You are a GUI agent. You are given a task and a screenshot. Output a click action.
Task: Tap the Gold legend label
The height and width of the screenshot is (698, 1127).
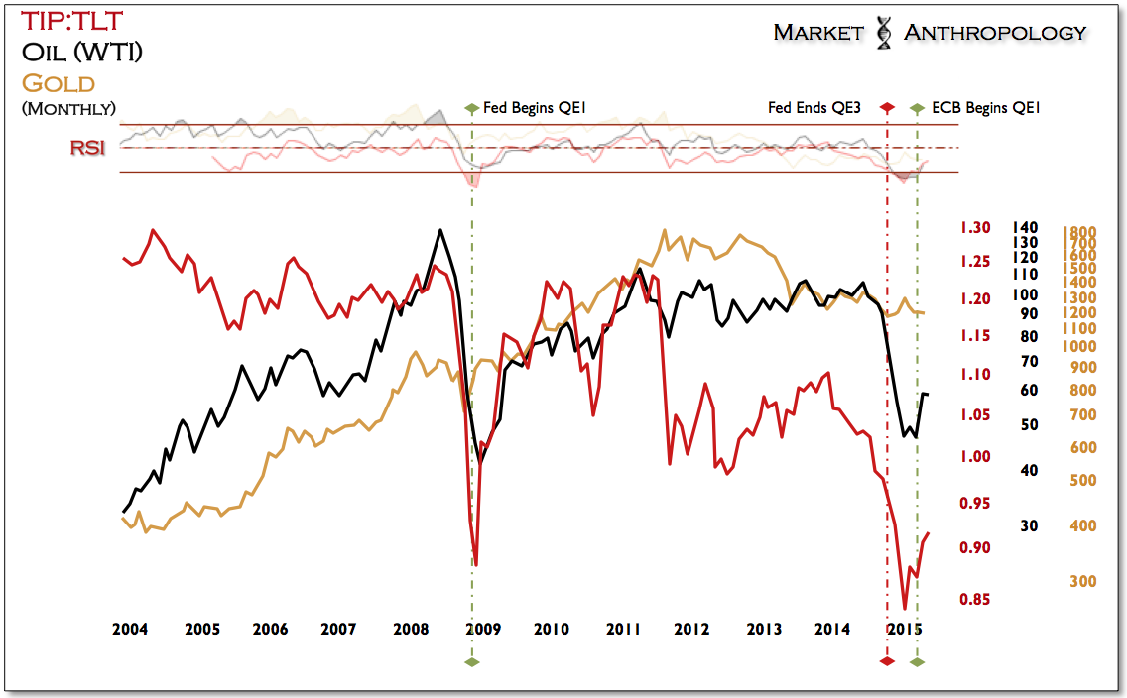point(59,82)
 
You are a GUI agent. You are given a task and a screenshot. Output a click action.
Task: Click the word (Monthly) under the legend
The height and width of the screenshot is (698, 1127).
point(67,108)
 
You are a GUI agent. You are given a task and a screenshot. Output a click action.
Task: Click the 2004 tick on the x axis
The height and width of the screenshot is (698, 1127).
point(131,629)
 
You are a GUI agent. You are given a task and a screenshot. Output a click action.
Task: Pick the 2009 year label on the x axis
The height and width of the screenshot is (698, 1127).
point(481,629)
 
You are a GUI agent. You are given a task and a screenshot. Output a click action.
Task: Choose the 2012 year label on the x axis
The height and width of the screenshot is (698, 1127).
point(691,629)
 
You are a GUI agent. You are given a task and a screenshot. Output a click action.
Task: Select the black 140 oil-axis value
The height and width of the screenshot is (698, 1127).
point(1025,227)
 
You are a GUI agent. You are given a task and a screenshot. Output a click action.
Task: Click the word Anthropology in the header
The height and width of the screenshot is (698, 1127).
point(994,33)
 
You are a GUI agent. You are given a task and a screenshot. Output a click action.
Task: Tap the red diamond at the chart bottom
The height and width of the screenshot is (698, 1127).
point(886,660)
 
